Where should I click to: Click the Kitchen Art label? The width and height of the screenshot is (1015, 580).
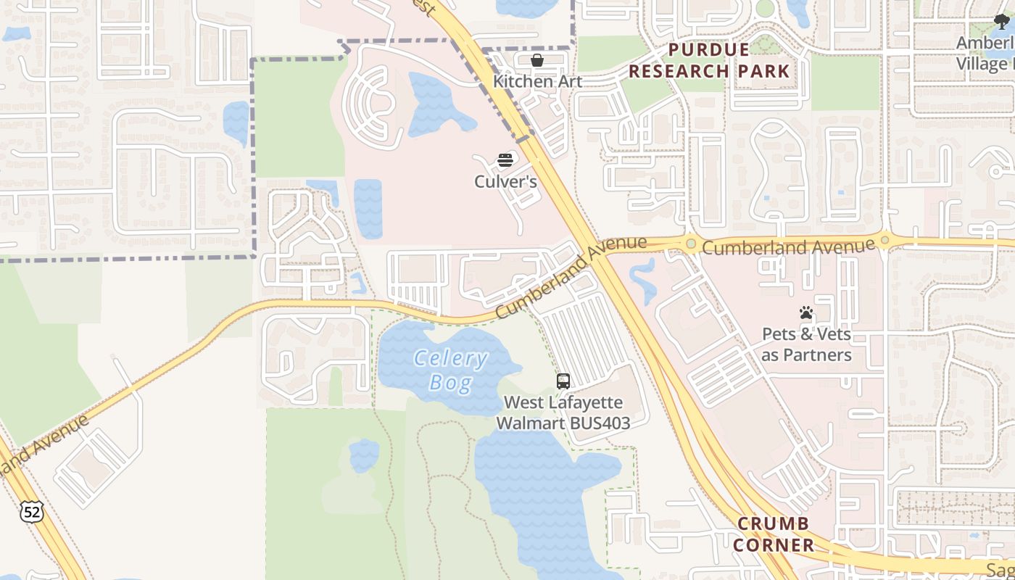(537, 80)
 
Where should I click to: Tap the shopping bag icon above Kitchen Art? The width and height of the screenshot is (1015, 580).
(537, 60)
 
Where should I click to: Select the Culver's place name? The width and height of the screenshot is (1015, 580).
(505, 181)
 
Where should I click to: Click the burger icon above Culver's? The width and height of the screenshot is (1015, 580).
(505, 160)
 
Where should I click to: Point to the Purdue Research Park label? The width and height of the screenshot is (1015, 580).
(708, 60)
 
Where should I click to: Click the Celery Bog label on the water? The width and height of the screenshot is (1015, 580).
(450, 370)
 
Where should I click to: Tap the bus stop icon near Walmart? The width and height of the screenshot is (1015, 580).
(563, 381)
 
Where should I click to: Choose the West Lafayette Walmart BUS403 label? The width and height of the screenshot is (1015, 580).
(563, 412)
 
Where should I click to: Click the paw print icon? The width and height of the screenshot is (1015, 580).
(806, 313)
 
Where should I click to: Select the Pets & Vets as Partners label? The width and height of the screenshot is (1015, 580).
(806, 344)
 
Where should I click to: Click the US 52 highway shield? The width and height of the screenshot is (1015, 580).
(32, 512)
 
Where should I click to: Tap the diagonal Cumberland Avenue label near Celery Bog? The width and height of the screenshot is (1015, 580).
(571, 276)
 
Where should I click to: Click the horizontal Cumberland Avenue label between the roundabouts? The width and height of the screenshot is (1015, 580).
(788, 246)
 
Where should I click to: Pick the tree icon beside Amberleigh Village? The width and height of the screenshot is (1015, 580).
(1002, 22)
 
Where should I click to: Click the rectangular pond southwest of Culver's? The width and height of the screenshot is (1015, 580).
(368, 208)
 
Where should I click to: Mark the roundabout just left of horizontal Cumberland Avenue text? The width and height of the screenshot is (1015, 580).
(691, 244)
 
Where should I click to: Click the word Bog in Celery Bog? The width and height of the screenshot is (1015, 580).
(450, 382)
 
